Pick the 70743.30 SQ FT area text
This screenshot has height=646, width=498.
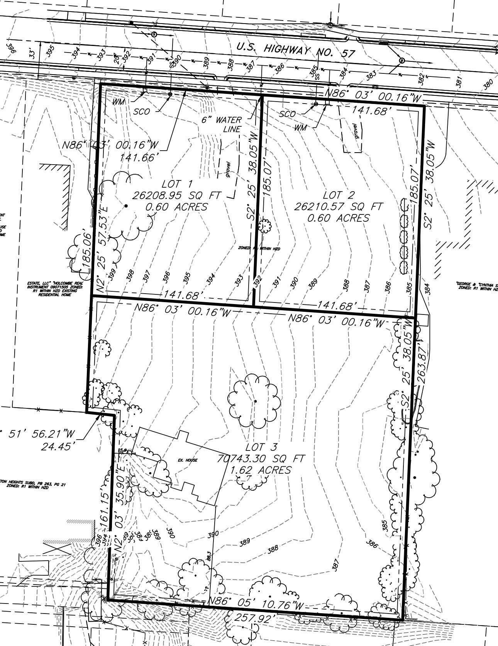tap(261, 459)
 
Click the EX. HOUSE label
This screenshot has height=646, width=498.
tap(188, 460)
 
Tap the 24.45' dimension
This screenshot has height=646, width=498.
tap(58, 447)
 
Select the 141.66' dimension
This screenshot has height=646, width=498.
tap(140, 158)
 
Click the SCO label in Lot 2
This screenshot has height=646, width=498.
tap(288, 114)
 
